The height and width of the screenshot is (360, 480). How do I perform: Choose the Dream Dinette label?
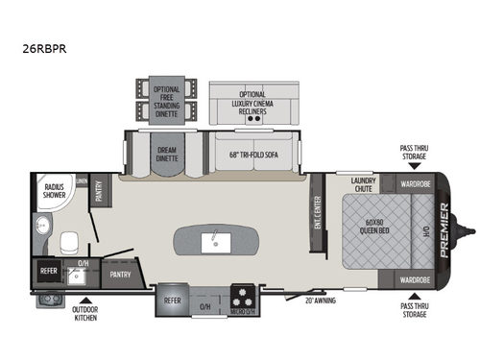pos(167,155)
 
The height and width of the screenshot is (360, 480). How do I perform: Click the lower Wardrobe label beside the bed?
pos(408,279)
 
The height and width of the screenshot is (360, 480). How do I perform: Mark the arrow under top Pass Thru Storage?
pos(414,167)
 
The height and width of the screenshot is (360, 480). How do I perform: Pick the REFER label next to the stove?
pos(173,299)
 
